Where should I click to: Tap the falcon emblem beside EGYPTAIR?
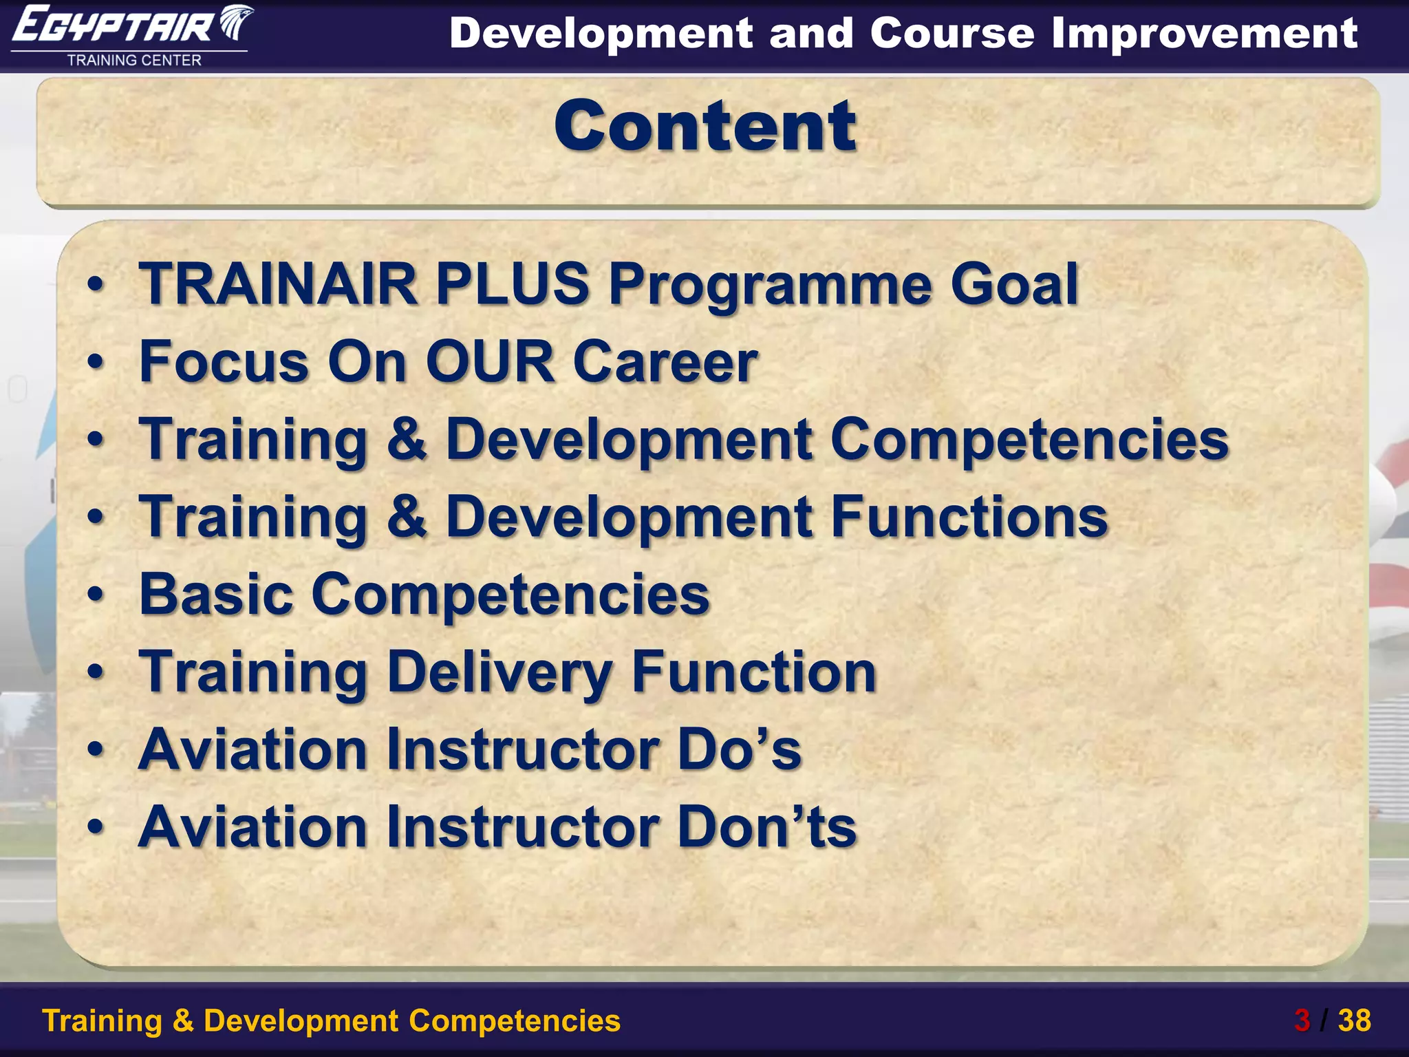coord(235,24)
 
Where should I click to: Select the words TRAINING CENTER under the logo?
coord(134,61)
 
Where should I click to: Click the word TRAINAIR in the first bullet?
coord(279,284)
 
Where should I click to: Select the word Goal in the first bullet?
coord(1013,284)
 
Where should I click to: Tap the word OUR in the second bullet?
coord(490,361)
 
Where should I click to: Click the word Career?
coord(665,361)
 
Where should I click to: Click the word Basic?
coord(216,594)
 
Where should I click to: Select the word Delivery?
coord(499,672)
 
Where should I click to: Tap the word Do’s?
coord(740,749)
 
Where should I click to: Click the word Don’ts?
coord(766,826)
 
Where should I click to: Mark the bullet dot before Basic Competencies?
coord(96,595)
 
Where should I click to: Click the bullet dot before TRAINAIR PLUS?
coord(96,284)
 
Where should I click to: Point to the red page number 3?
coord(1302,1021)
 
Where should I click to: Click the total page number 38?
coord(1354,1021)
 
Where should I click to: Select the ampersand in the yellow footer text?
coord(183,1021)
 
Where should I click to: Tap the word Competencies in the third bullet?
coord(1029,439)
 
